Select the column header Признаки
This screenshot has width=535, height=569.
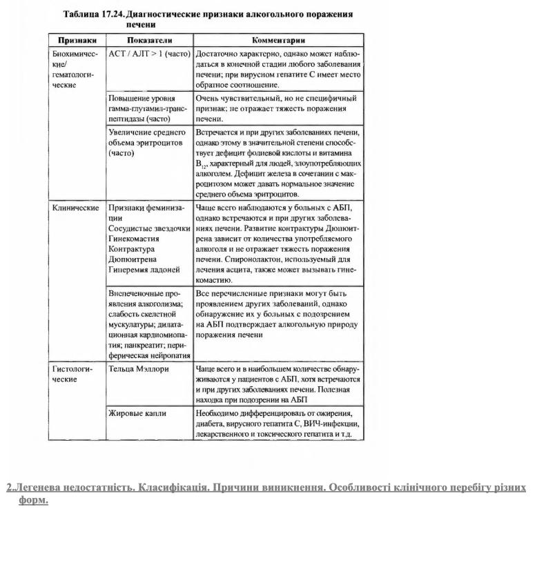coord(77,41)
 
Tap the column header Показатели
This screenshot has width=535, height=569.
coord(149,41)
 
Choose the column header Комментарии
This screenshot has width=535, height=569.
coord(279,41)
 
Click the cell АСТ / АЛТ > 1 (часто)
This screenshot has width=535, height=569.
coord(149,53)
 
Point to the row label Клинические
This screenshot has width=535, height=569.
coord(76,207)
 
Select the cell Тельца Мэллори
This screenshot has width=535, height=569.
coord(138,369)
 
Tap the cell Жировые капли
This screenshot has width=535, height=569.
coord(137,413)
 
